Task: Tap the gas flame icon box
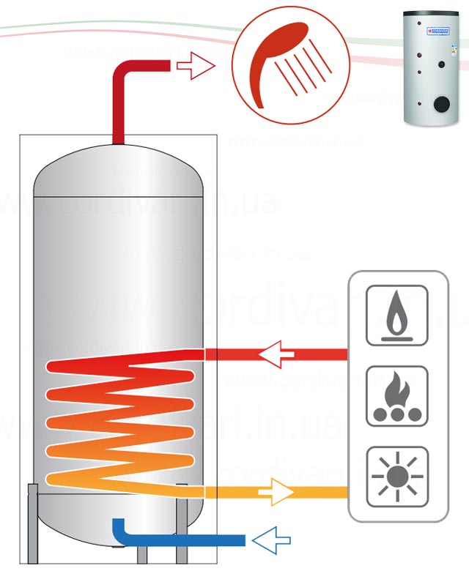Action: pos(396,315)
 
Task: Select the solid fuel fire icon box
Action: pos(396,396)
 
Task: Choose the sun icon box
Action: pos(396,477)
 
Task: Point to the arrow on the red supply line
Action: pos(276,354)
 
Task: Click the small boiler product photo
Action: pos(432,70)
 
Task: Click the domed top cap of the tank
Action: pos(118,172)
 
